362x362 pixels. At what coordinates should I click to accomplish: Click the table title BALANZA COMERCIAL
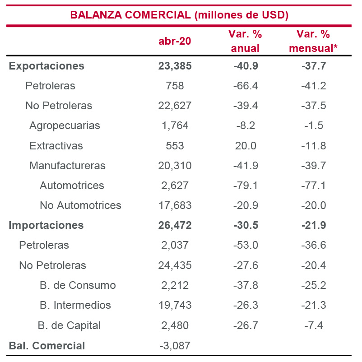pos(179,15)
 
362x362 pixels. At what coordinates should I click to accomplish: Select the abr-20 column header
pos(175,41)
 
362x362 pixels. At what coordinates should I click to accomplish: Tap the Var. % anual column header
pos(246,41)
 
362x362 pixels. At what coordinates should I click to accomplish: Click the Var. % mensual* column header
pos(313,41)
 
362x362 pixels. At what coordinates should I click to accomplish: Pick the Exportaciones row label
pos(46,66)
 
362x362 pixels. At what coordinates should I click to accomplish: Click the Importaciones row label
pos(46,225)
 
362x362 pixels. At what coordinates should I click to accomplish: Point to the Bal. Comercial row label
pos(46,346)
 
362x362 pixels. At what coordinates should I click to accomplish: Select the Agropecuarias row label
pos(65,125)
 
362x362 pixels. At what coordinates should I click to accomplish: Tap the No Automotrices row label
pos(80,205)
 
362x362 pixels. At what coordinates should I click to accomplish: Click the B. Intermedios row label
pos(75,305)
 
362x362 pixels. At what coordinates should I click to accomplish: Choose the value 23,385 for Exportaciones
pos(175,66)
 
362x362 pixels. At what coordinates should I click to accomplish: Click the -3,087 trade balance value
pos(175,346)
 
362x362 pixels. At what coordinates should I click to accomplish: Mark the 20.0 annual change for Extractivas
pos(246,146)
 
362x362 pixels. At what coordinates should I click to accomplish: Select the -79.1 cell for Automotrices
pos(246,186)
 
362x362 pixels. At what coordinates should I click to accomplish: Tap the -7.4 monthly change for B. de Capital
pos(313,325)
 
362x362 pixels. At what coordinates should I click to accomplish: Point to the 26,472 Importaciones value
pos(175,225)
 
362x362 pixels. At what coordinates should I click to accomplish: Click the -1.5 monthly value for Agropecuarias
pos(313,125)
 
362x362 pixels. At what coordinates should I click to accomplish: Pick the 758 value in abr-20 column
pos(175,86)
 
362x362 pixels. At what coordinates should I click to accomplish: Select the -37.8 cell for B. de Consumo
pos(246,285)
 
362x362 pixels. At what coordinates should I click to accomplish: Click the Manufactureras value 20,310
pos(175,166)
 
